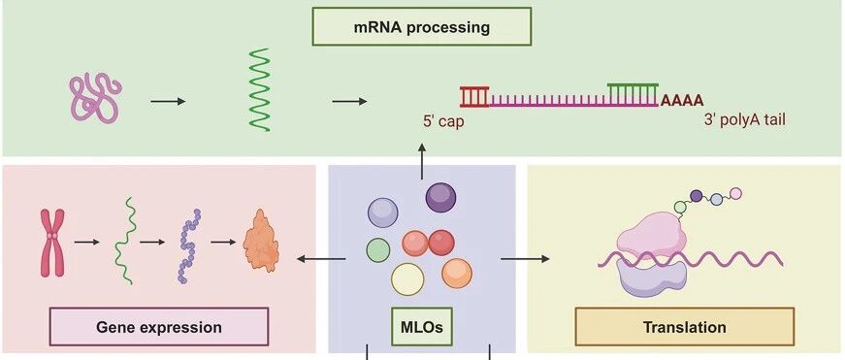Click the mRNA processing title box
click(x=422, y=26)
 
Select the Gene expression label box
click(x=159, y=327)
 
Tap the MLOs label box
click(x=422, y=327)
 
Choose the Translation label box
click(x=684, y=327)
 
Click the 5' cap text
click(x=443, y=121)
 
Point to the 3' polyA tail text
click(x=745, y=120)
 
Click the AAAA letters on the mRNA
click(x=682, y=100)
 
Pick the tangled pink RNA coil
click(x=95, y=99)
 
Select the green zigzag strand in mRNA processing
click(x=259, y=89)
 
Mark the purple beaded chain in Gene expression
click(x=188, y=245)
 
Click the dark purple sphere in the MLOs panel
click(x=440, y=198)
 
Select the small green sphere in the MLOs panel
click(x=377, y=250)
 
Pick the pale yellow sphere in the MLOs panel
click(x=407, y=279)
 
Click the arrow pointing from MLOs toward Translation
click(x=525, y=259)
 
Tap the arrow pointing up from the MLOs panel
click(x=421, y=161)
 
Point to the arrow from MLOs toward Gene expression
click(x=321, y=259)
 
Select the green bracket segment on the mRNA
click(x=633, y=93)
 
